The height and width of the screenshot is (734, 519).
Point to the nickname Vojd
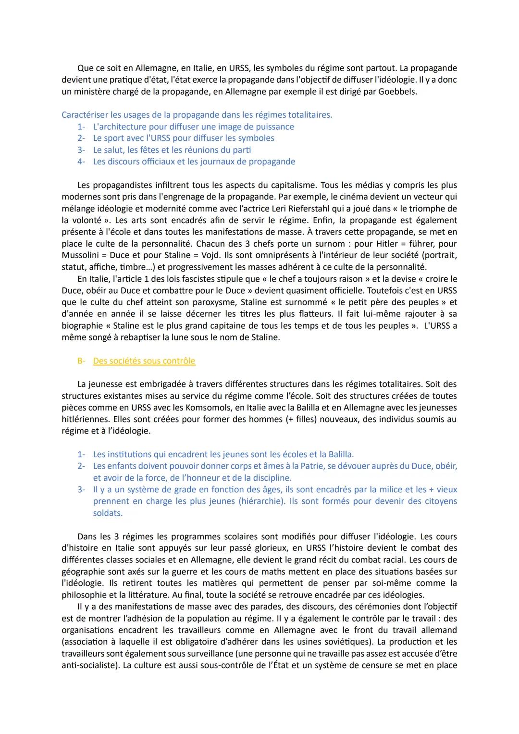213,256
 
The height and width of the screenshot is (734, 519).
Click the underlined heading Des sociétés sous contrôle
144,361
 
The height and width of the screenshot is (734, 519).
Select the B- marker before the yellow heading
81,361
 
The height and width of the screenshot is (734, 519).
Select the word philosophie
85,595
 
